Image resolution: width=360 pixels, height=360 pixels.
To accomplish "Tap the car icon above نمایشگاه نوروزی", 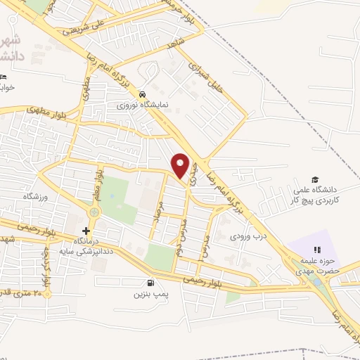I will (x=143, y=94).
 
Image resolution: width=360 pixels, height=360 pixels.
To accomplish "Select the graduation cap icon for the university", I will (x=316, y=181).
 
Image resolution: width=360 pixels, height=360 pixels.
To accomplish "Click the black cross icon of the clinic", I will (x=86, y=231).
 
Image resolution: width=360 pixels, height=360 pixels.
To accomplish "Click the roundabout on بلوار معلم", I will (x=94, y=212).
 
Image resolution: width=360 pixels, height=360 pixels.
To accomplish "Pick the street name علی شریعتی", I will (x=83, y=26).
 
